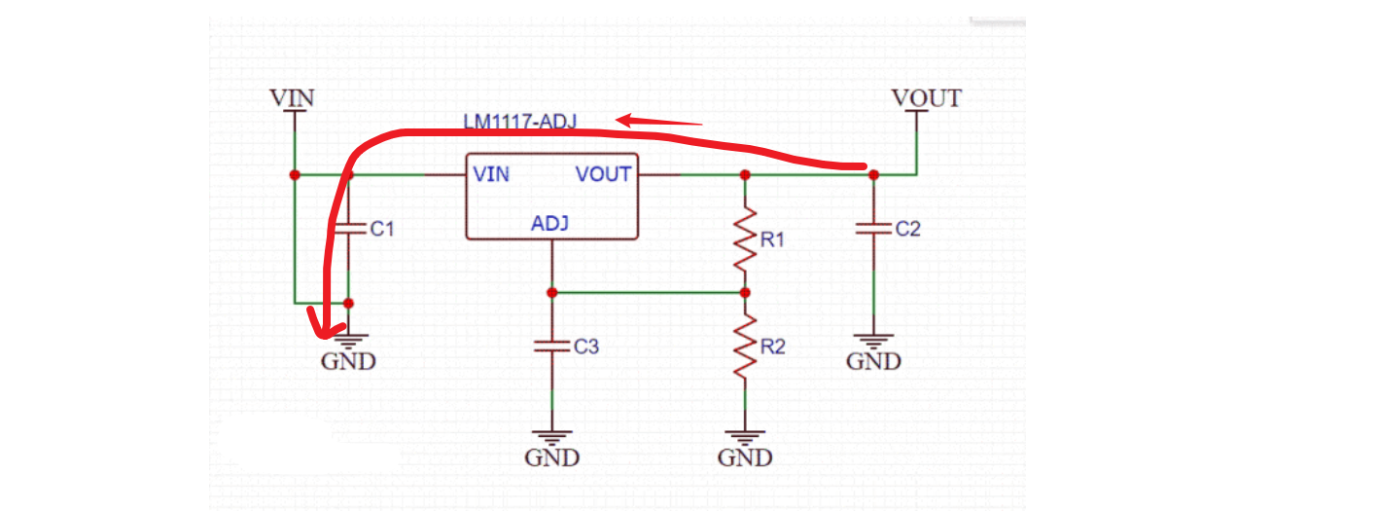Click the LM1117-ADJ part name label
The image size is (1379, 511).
click(519, 122)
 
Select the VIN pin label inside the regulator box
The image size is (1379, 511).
click(490, 175)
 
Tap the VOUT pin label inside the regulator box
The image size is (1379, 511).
click(603, 175)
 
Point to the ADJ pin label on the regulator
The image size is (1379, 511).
click(550, 224)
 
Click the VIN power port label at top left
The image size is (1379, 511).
click(292, 98)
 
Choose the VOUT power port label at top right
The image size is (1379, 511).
click(926, 98)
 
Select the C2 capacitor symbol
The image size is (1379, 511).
click(873, 230)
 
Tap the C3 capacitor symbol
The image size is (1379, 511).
click(551, 346)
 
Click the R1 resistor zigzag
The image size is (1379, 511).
click(745, 238)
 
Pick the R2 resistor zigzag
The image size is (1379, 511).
click(745, 347)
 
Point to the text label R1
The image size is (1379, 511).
click(772, 239)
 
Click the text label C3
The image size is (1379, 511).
click(586, 347)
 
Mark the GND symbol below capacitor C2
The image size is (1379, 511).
click(873, 344)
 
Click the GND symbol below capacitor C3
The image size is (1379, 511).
click(551, 439)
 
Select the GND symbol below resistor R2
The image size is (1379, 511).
click(745, 439)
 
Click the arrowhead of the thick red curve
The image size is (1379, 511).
click(321, 324)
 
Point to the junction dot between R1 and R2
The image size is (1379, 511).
click(745, 292)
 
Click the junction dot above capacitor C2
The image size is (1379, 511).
click(873, 175)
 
